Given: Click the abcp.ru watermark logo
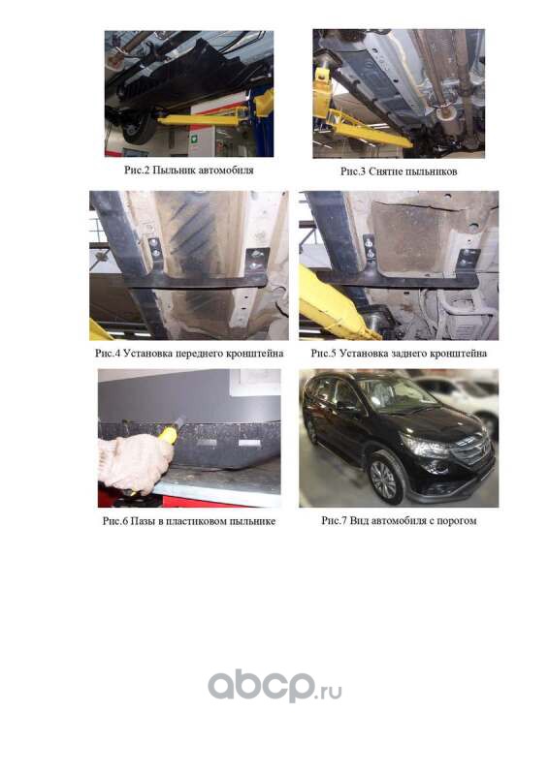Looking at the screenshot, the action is (274, 685).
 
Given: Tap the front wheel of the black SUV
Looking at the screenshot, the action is (383, 480).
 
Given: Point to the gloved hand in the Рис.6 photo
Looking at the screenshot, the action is (134, 462).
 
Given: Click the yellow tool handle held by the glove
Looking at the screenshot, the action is (169, 434).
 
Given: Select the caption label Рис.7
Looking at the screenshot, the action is (334, 521).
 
